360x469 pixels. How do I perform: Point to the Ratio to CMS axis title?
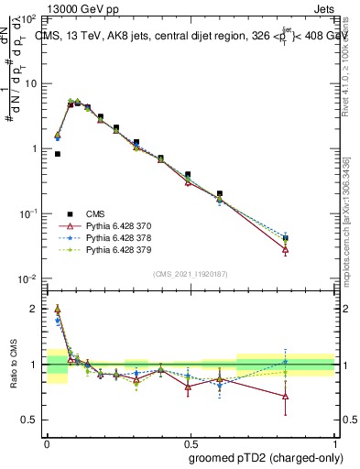(16, 365)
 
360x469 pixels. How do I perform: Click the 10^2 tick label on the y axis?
(30, 19)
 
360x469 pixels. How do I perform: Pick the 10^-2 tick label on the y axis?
(30, 278)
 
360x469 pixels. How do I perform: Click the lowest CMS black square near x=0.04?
(58, 154)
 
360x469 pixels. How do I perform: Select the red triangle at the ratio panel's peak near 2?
(58, 309)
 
